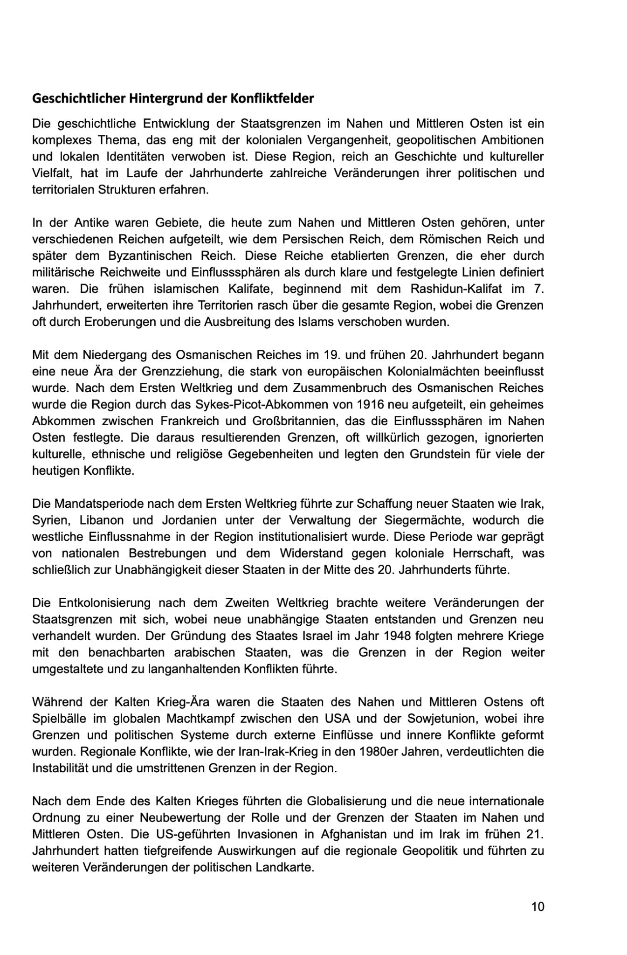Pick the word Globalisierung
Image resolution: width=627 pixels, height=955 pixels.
346,801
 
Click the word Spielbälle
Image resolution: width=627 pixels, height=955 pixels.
58,719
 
